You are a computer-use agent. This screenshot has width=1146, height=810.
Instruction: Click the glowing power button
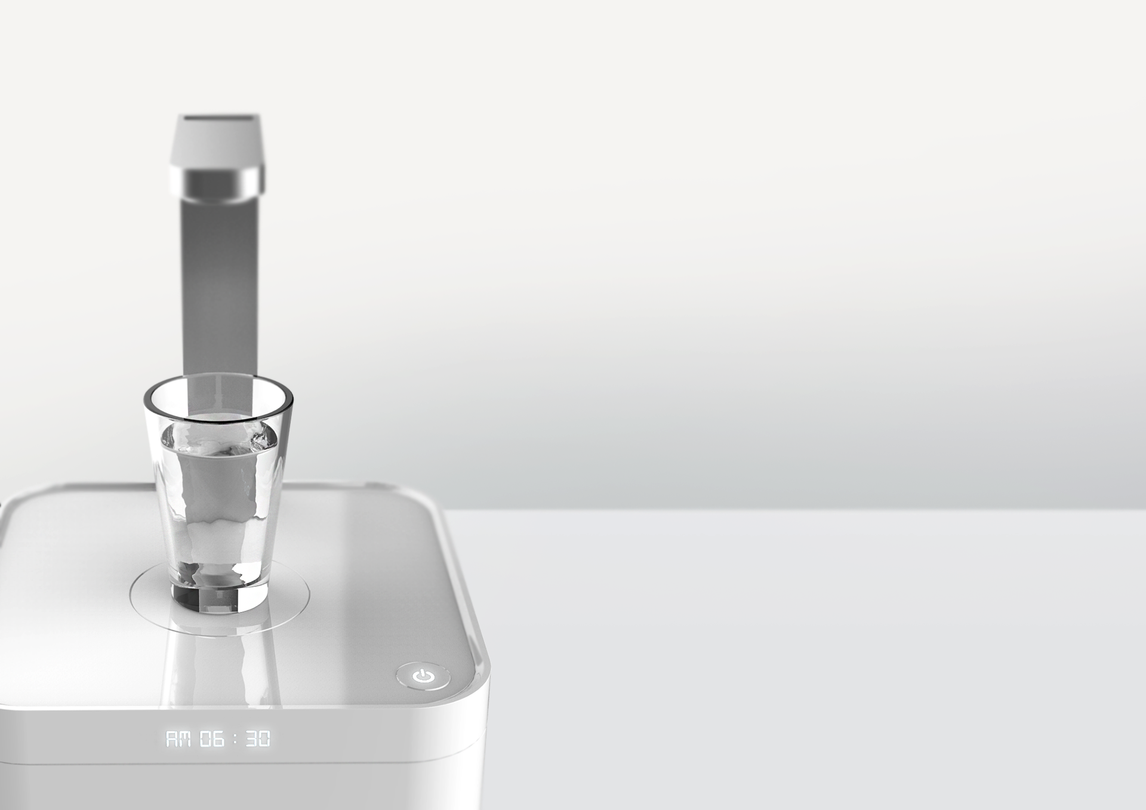pyautogui.click(x=423, y=676)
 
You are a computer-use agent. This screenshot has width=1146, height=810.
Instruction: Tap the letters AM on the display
pyautogui.click(x=177, y=739)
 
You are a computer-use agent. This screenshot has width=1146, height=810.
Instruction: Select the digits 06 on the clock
pyautogui.click(x=212, y=739)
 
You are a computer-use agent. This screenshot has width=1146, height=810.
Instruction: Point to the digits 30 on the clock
pyautogui.click(x=258, y=739)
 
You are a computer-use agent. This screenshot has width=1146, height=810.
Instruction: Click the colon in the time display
pyautogui.click(x=235, y=739)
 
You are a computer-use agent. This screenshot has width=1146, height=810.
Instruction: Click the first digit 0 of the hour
pyautogui.click(x=205, y=739)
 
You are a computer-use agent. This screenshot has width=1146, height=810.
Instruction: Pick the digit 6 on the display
pyautogui.click(x=218, y=739)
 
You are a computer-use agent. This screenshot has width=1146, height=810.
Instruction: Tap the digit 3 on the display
pyautogui.click(x=251, y=739)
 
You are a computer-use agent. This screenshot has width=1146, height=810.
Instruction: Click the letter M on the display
pyautogui.click(x=184, y=739)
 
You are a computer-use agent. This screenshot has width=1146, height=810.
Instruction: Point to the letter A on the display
pyautogui.click(x=171, y=739)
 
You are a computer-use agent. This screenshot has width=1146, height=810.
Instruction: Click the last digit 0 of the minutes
pyautogui.click(x=264, y=739)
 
